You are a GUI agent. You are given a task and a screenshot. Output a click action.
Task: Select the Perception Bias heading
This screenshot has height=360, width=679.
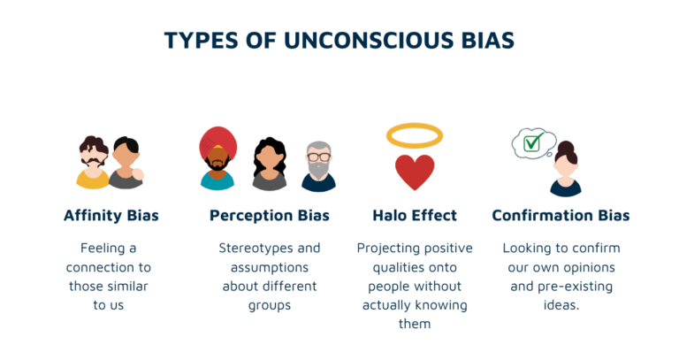[x=269, y=215]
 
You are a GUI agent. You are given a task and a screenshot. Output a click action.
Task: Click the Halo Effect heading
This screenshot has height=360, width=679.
[x=415, y=215]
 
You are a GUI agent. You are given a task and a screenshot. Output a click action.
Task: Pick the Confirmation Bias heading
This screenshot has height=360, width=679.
[x=561, y=215]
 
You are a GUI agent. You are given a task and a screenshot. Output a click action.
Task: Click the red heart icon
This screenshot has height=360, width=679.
[x=415, y=172]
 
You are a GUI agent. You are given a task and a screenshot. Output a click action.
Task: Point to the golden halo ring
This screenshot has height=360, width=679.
[x=415, y=134]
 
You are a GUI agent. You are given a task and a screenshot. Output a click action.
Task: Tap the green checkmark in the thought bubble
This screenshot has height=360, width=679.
[x=533, y=142]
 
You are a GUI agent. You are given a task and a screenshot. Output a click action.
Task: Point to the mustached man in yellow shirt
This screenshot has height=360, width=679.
[x=93, y=161]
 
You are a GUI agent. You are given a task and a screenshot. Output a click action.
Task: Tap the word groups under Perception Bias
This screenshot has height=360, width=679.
[x=269, y=305]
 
